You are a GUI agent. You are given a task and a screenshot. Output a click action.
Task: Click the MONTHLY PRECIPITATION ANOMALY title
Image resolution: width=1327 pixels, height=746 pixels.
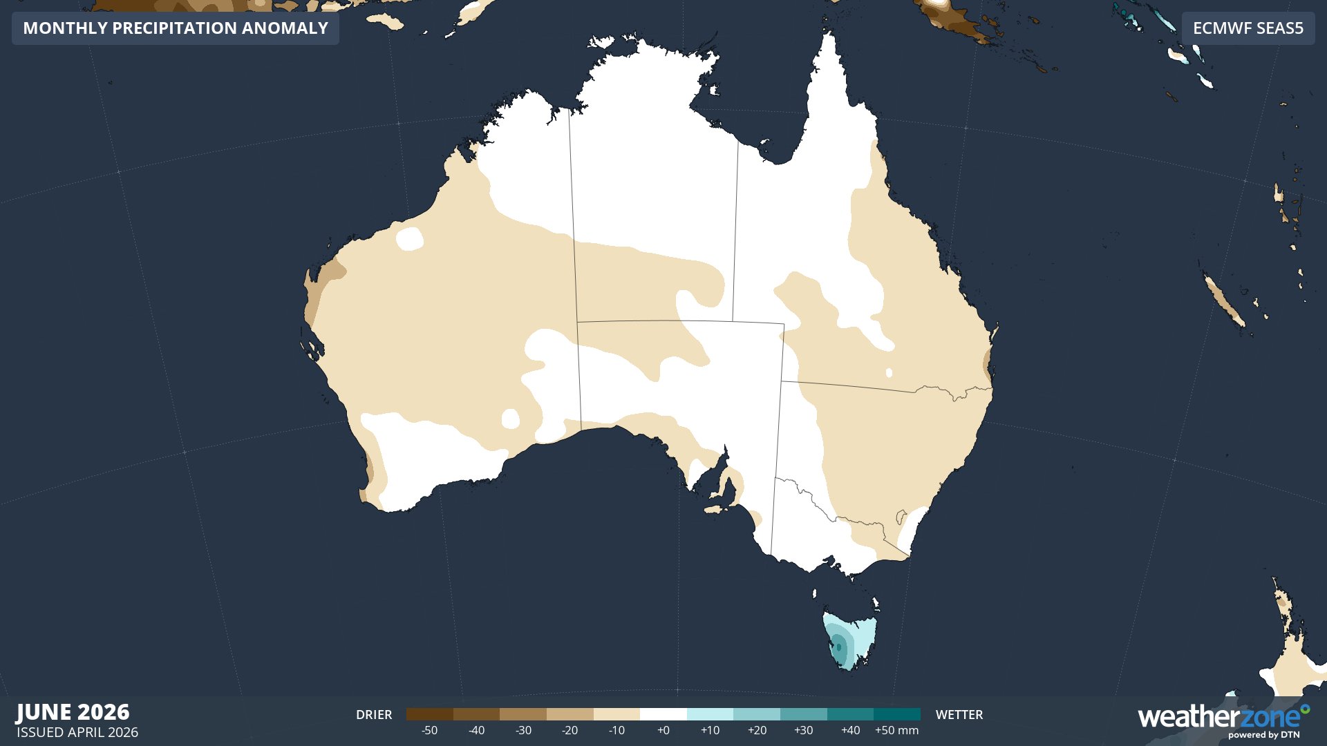[x=176, y=28]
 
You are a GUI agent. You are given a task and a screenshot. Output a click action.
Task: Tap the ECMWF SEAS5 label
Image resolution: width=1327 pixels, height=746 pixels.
[x=1248, y=28]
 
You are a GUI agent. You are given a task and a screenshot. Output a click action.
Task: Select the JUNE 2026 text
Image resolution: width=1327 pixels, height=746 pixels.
[x=73, y=712]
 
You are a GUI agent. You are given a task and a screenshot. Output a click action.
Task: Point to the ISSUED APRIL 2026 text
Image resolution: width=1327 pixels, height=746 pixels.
[x=77, y=732]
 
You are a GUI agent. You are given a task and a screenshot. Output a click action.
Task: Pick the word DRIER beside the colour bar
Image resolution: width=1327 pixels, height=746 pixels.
[x=374, y=715]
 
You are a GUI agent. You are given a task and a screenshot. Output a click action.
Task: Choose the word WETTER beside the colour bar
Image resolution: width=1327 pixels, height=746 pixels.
[x=959, y=715]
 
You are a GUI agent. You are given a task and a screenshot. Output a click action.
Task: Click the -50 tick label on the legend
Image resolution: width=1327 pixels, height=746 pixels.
[x=429, y=731]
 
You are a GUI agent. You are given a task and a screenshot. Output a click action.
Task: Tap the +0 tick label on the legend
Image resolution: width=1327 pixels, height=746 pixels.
[x=663, y=731]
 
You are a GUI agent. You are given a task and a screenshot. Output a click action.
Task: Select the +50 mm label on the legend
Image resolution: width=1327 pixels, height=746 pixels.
[x=896, y=731]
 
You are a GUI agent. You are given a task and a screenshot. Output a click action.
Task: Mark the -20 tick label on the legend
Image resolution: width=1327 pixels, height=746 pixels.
[x=570, y=731]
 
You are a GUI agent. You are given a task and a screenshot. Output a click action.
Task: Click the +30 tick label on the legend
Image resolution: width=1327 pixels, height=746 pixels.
[x=803, y=731]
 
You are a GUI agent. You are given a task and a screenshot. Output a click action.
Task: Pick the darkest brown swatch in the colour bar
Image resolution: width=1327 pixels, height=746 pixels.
[x=429, y=714]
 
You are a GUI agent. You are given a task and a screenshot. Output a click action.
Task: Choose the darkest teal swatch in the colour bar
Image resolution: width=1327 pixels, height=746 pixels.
[x=896, y=714]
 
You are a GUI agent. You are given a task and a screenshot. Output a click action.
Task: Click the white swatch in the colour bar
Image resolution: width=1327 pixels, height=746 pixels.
[x=663, y=714]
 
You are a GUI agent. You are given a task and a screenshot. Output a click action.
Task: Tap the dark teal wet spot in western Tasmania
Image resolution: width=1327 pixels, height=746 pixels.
[x=839, y=647]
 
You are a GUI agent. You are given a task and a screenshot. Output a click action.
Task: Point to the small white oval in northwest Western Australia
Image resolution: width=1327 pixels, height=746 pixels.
[x=409, y=238]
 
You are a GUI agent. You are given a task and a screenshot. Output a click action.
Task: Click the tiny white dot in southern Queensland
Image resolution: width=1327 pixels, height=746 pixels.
[x=889, y=373]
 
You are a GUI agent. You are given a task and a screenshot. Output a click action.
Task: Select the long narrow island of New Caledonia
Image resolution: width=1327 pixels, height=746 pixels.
[x=1224, y=301]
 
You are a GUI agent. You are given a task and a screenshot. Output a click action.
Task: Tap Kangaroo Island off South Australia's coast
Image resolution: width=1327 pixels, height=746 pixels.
[x=716, y=510]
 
